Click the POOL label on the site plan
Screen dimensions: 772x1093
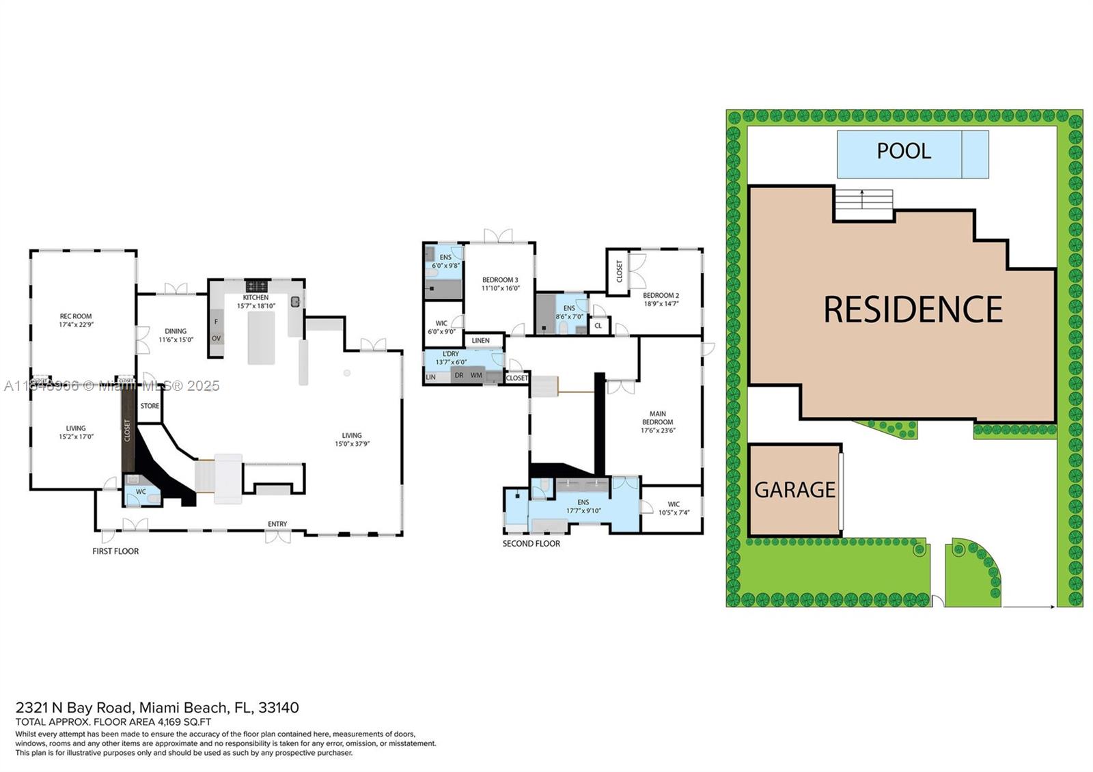point(903,151)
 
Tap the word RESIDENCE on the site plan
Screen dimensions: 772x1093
point(913,309)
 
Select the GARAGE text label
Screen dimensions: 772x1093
point(794,490)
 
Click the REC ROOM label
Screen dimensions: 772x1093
point(76,316)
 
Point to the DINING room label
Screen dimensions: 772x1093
point(176,331)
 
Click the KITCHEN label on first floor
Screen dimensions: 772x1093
point(256,298)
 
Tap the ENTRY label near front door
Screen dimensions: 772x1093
point(277,524)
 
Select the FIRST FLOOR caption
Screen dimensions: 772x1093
point(115,551)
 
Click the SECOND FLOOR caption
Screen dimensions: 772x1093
point(531,544)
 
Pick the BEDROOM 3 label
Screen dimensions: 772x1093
point(500,280)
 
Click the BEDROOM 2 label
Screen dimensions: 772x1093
point(661,296)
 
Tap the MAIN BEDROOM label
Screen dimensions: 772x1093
point(657,417)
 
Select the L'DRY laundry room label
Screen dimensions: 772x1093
point(451,354)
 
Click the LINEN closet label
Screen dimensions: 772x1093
point(480,340)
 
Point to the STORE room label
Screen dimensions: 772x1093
point(150,406)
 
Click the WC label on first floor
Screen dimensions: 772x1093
point(141,492)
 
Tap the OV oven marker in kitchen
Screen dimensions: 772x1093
point(216,338)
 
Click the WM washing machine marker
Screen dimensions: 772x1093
point(476,375)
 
